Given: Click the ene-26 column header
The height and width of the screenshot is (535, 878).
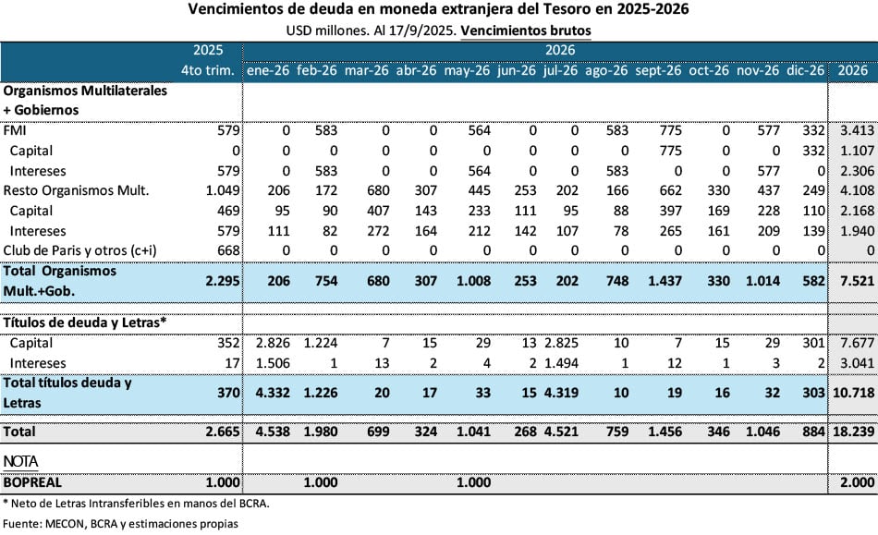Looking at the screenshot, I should (268, 70).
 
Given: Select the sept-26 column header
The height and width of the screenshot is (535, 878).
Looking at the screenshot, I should (658, 70).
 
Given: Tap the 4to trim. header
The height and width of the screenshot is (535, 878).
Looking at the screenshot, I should (210, 70).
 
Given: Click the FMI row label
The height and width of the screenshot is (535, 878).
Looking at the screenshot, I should (16, 130).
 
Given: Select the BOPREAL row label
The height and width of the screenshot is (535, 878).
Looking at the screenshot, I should (34, 482).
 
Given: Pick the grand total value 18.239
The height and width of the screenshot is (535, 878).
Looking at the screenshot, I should (851, 432).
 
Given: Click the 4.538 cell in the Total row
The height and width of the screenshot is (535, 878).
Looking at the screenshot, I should (268, 432).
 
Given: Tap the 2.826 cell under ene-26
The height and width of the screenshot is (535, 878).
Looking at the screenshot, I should (268, 344).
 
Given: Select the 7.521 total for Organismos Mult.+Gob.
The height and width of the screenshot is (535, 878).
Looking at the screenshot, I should (851, 281).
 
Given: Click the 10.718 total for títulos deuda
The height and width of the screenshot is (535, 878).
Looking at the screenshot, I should (851, 392).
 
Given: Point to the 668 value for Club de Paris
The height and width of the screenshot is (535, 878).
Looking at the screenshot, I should (226, 250).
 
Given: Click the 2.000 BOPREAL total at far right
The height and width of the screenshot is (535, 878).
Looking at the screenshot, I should (851, 482).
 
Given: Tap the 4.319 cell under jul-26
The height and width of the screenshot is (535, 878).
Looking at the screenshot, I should (560, 392).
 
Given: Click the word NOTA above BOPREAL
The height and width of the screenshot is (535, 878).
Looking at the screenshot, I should (21, 460).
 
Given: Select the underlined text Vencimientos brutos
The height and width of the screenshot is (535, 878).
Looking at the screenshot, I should (525, 30).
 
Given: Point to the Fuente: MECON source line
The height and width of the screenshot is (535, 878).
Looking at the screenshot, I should (120, 523).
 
